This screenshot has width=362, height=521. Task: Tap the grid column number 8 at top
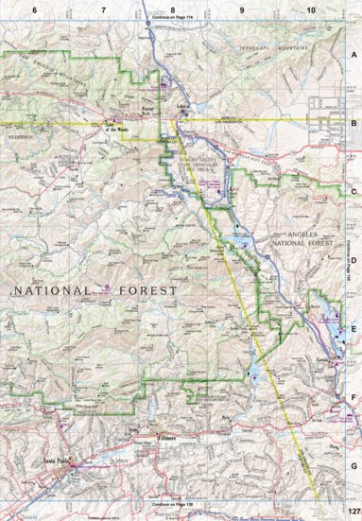(172, 9)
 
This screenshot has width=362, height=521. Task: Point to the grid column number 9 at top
(242, 9)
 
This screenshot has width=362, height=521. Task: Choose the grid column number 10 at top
(311, 9)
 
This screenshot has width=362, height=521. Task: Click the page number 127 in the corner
(351, 514)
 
